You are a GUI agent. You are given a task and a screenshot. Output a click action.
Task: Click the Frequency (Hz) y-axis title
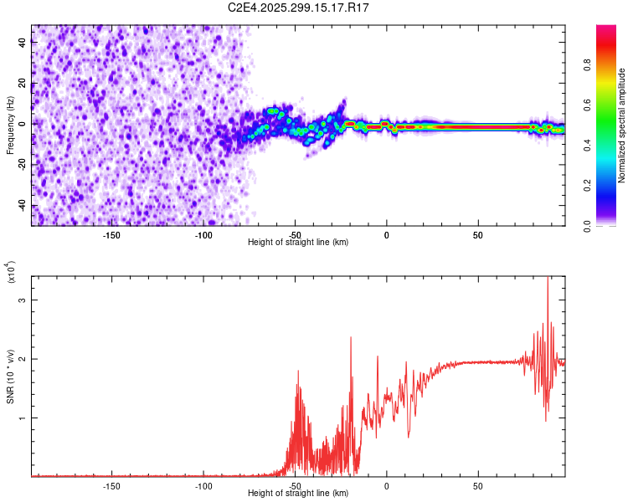pos(10,125)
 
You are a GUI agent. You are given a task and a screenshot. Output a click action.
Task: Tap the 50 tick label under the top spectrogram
pos(477,234)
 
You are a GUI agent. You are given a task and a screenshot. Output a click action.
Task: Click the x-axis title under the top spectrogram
pos(298,242)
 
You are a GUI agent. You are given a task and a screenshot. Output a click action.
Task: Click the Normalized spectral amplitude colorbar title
pos(622,125)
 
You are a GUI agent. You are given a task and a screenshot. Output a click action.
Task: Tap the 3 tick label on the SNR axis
pos(23,300)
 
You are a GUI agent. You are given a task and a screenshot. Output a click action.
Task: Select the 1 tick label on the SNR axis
pos(23,417)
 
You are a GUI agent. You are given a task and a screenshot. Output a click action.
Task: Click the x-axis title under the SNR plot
pos(298,494)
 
